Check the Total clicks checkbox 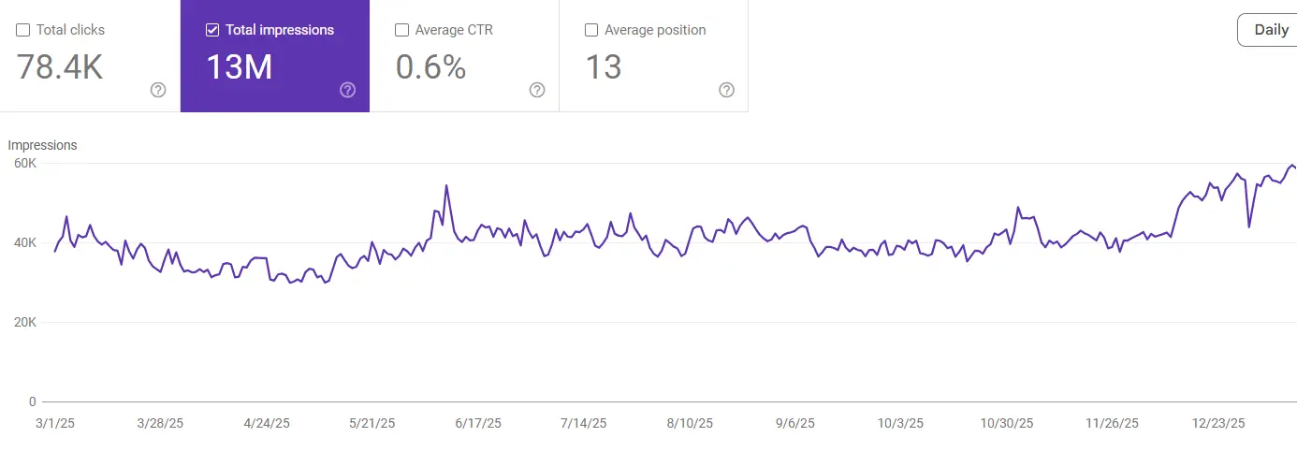[22, 30]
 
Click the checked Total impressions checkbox [212, 30]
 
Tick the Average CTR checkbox [401, 30]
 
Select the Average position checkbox [591, 30]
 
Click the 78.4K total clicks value [60, 67]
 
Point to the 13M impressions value [240, 67]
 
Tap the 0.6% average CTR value [430, 67]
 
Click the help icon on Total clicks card [158, 90]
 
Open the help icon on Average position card [726, 90]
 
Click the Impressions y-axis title [42, 145]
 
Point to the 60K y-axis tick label [23, 164]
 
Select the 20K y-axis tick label [23, 323]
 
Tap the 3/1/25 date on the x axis [54, 424]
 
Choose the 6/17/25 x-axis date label [478, 424]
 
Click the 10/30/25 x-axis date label [1007, 424]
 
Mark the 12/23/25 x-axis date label [1218, 424]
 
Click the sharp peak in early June [446, 185]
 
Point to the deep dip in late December [1249, 226]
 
